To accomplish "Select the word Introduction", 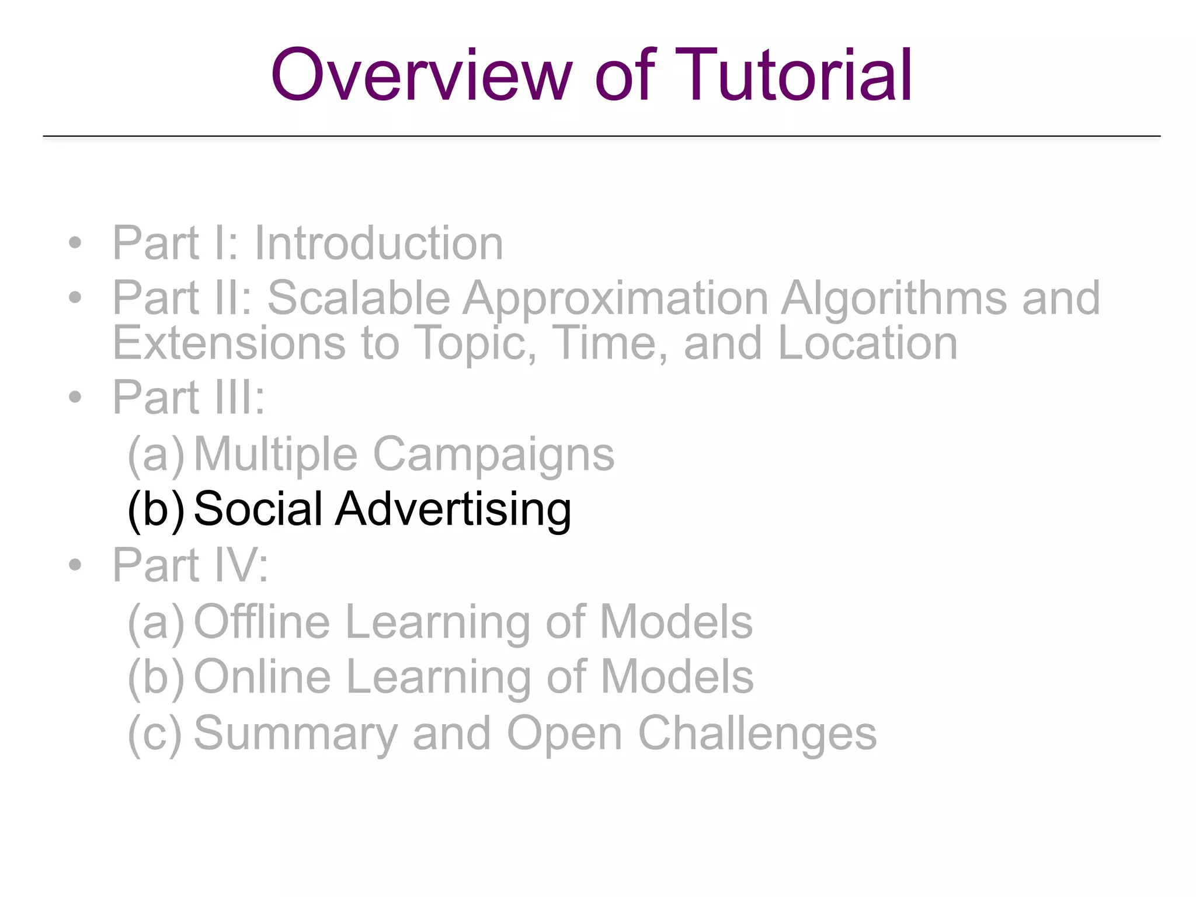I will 378,243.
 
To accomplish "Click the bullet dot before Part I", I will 75,243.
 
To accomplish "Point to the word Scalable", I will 359,298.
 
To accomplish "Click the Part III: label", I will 189,398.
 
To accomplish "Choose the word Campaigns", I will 493,454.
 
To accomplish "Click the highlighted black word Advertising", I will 453,509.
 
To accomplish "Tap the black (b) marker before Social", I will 155,509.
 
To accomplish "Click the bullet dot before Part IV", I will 75,565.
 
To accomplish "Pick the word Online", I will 262,677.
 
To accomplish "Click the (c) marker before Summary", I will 154,733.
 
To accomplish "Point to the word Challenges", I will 757,733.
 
